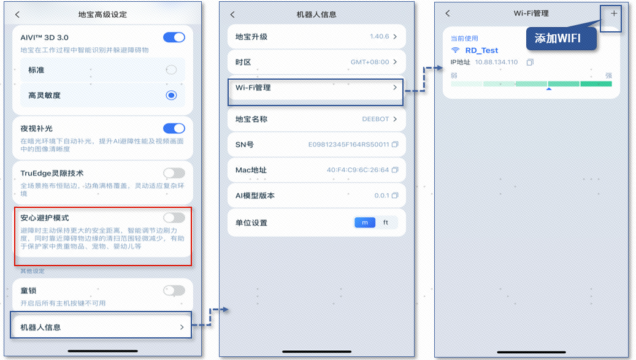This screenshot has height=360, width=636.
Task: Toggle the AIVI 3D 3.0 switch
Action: coord(174,37)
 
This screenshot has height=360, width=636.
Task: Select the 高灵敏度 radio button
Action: coord(171,95)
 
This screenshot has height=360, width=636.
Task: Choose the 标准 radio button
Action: coord(171,70)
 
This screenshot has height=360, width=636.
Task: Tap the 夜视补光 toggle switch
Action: coord(174,128)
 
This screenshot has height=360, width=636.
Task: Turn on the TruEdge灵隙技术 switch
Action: coord(174,173)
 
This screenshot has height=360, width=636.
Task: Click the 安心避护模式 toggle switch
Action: coord(174,217)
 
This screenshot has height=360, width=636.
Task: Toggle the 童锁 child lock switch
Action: coord(174,290)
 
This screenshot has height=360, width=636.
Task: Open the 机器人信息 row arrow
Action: coord(182,327)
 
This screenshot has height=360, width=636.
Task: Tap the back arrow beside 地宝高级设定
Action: coord(17,14)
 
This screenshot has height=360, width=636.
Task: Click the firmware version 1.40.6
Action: coord(380,37)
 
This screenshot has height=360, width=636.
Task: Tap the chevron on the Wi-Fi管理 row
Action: coord(395,88)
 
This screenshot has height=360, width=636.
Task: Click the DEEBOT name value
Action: coord(377,119)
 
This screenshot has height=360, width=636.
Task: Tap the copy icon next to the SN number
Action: coord(395,144)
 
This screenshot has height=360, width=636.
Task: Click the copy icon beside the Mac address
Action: coord(395,170)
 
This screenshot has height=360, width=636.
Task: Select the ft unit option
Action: coord(386,223)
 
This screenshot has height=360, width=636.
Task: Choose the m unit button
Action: coord(365,223)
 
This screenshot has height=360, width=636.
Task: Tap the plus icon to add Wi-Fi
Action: coord(614,13)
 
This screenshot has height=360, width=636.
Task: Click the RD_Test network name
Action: coord(481,50)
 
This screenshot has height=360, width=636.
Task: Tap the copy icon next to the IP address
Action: coord(531,63)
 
